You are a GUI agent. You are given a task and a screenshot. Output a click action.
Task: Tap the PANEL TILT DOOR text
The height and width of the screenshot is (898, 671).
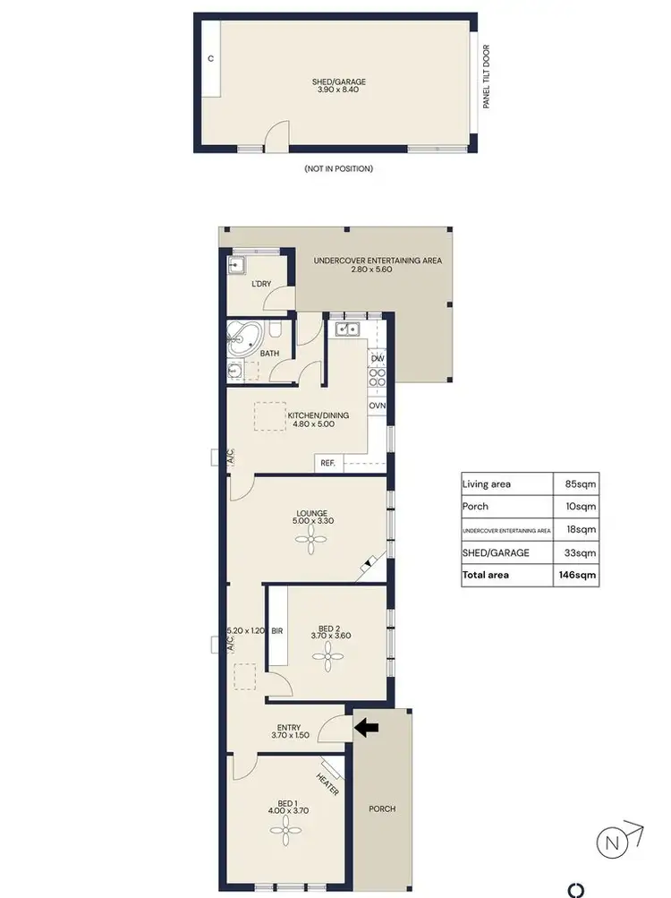pos(487,77)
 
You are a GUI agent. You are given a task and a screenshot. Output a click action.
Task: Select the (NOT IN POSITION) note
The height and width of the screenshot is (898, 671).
pos(338,168)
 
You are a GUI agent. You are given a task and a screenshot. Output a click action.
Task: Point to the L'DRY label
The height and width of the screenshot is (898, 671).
pos(260,284)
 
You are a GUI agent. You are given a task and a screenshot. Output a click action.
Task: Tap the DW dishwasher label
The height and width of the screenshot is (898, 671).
pos(377,359)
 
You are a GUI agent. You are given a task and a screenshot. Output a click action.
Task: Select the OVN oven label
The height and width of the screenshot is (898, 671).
pos(377,406)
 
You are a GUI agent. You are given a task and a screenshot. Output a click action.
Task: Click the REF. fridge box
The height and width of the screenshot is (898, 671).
pos(327,463)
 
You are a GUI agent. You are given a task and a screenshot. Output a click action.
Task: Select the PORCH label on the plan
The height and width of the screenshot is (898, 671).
pos(382,808)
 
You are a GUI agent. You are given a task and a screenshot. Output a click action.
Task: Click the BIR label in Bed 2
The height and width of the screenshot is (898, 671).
pos(277,631)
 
